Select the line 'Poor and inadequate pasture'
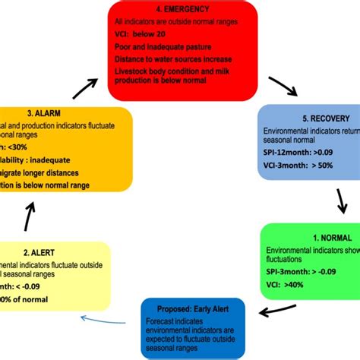tap(163, 46)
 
